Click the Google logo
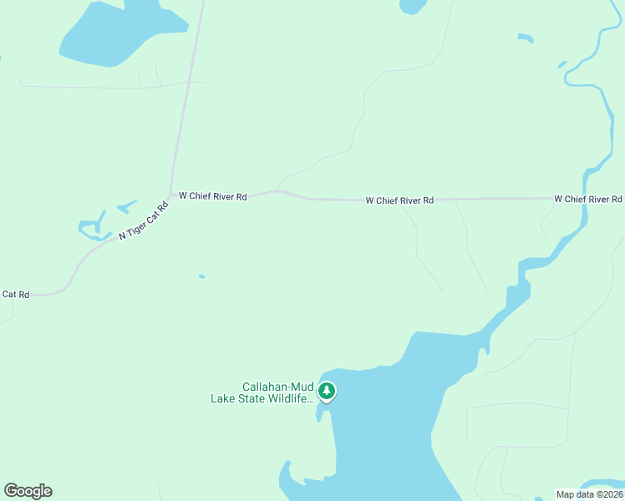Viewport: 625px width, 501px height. tap(28, 491)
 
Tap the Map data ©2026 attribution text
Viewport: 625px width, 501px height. tap(587, 494)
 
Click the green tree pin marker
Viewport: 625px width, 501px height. tap(327, 392)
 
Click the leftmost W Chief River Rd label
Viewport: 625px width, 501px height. tap(213, 196)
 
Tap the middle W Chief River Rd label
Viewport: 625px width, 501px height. tap(399, 200)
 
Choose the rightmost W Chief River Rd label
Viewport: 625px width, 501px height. tap(588, 199)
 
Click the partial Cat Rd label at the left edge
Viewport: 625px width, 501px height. tap(16, 294)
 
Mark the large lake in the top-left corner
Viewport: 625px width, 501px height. tap(117, 33)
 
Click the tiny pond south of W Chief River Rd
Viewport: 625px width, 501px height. tap(201, 276)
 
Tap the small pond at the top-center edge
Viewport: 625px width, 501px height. tap(413, 7)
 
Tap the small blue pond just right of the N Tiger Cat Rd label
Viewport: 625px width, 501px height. tap(127, 205)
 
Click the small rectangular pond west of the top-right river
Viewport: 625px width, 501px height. tap(525, 38)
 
